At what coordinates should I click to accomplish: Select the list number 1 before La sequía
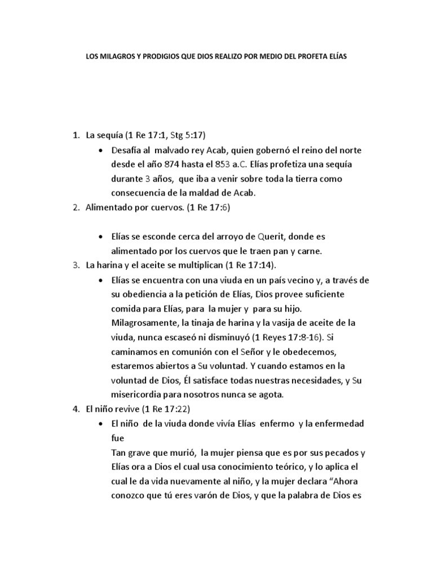coord(76,136)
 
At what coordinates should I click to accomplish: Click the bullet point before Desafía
coord(100,150)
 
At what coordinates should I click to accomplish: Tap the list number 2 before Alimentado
coord(76,207)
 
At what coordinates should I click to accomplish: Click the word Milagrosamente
coord(145,322)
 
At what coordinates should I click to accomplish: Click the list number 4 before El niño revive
coord(76,409)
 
